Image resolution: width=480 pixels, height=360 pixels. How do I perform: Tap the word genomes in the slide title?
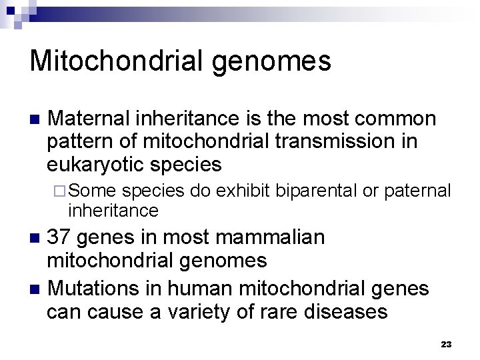pos(275,62)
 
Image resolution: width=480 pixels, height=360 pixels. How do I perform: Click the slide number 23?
pos(446,345)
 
